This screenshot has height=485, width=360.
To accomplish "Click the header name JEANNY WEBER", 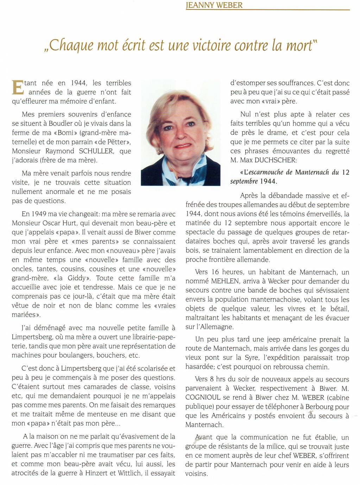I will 214,5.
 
